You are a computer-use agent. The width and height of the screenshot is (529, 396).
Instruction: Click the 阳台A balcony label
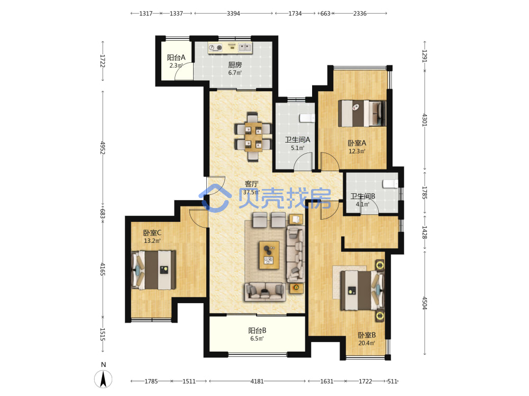pos(176,58)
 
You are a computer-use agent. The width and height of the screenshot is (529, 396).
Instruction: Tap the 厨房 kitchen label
pos(235,65)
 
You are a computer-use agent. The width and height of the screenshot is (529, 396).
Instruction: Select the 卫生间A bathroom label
pos(297,140)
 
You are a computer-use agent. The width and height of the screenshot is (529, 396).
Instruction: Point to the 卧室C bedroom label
pos(152,233)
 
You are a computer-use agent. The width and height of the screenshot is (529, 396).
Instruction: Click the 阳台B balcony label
pos(257,331)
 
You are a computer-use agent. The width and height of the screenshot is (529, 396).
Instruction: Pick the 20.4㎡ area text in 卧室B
pos(367,343)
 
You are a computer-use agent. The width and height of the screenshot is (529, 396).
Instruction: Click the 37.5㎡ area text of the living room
pos(251,192)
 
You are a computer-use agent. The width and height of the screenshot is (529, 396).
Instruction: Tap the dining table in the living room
pos(253,136)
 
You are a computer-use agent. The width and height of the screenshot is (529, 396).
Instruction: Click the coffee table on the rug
pos(269,255)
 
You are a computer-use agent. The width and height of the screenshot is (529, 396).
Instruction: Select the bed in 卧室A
pos(362,113)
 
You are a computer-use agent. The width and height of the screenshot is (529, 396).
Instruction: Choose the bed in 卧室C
pos(153,270)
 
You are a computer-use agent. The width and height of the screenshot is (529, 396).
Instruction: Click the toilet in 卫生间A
pos(307,118)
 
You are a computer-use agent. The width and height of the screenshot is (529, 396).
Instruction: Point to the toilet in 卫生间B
pos(390,184)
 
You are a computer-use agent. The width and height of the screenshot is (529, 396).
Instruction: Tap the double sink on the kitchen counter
pos(245,48)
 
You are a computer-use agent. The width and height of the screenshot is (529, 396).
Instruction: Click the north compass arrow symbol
pos(103,379)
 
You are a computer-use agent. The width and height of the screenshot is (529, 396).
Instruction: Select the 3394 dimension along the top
pos(233,14)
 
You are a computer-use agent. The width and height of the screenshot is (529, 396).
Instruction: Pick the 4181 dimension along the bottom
pos(257,381)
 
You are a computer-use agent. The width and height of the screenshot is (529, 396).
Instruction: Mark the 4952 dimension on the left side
pos(103,147)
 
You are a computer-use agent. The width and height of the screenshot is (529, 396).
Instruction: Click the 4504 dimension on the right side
pos(424,303)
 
